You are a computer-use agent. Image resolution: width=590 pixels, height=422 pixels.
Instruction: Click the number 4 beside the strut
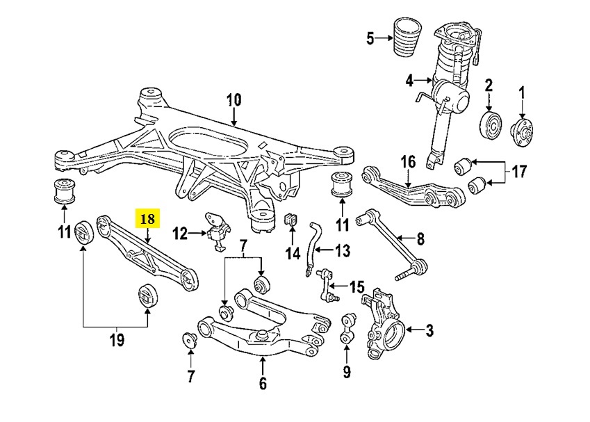click(x=409, y=81)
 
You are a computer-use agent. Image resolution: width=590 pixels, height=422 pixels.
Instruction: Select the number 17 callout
click(x=519, y=171)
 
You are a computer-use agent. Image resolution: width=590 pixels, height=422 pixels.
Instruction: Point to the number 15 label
click(x=357, y=286)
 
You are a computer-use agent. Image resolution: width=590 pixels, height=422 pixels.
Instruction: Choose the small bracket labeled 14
click(x=291, y=220)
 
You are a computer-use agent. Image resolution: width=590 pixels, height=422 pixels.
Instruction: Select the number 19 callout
click(x=116, y=340)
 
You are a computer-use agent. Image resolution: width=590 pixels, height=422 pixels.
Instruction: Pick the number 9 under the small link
click(x=347, y=372)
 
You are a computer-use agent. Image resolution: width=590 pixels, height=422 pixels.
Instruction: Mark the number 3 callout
click(x=429, y=330)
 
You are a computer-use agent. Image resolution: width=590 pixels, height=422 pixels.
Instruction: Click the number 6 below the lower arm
click(x=262, y=382)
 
